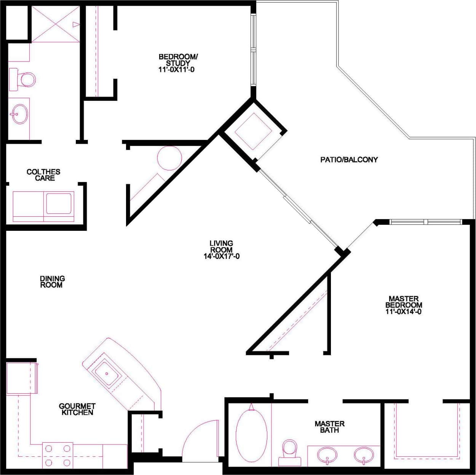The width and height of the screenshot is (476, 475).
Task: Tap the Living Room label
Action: point(221,246)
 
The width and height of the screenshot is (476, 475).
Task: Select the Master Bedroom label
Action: point(404,302)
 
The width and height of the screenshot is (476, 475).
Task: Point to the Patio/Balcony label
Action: point(349,160)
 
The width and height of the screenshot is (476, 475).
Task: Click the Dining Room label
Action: point(53,282)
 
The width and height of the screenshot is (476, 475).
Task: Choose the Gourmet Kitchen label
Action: point(77,409)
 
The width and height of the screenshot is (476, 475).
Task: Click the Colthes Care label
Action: point(43,175)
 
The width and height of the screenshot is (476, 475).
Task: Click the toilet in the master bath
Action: point(289,451)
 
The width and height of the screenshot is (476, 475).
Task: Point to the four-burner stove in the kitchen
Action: point(58,455)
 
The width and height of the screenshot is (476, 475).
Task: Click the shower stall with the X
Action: point(55,24)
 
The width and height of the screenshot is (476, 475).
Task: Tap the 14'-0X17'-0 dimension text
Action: point(221,256)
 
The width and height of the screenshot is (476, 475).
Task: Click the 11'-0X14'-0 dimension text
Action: point(404,311)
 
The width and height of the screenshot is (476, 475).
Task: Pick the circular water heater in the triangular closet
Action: point(169,158)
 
